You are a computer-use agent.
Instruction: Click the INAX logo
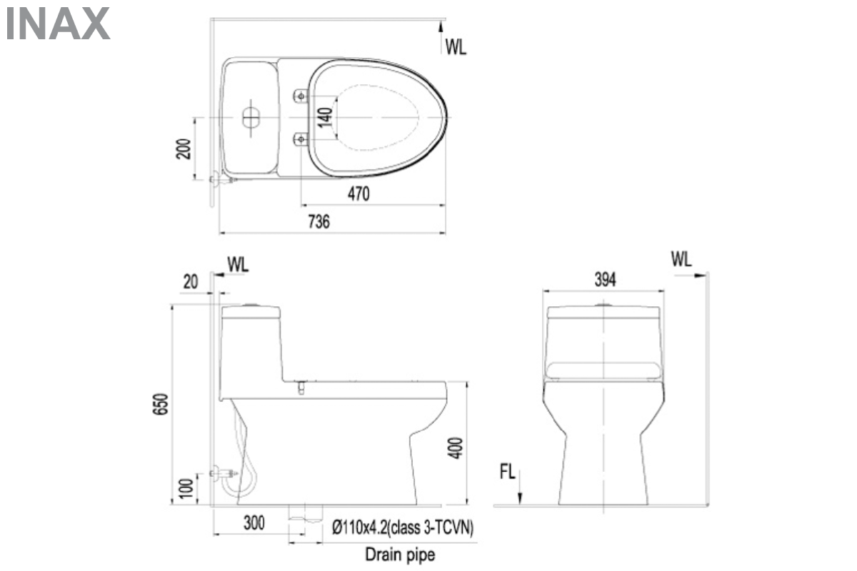coord(57,24)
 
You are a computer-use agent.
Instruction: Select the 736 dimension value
coord(319,222)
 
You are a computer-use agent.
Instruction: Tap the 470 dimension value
coord(359,194)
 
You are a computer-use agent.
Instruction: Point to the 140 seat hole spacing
coord(325,117)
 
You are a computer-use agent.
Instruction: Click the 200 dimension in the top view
coord(184,148)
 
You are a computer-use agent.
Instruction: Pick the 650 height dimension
coord(163,405)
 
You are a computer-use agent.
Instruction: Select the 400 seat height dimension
coord(457,447)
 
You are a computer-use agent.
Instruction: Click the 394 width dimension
coord(604,280)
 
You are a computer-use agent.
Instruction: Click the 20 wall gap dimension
coord(190,282)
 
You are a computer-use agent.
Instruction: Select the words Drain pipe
coord(400,554)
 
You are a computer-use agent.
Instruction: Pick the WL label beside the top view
coord(456,48)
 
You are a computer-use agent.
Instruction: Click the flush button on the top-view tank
coord(251,118)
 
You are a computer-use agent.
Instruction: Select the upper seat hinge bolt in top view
coord(300,95)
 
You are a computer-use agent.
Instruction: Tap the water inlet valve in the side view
coord(224,473)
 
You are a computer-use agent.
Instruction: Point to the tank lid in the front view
coord(603,312)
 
